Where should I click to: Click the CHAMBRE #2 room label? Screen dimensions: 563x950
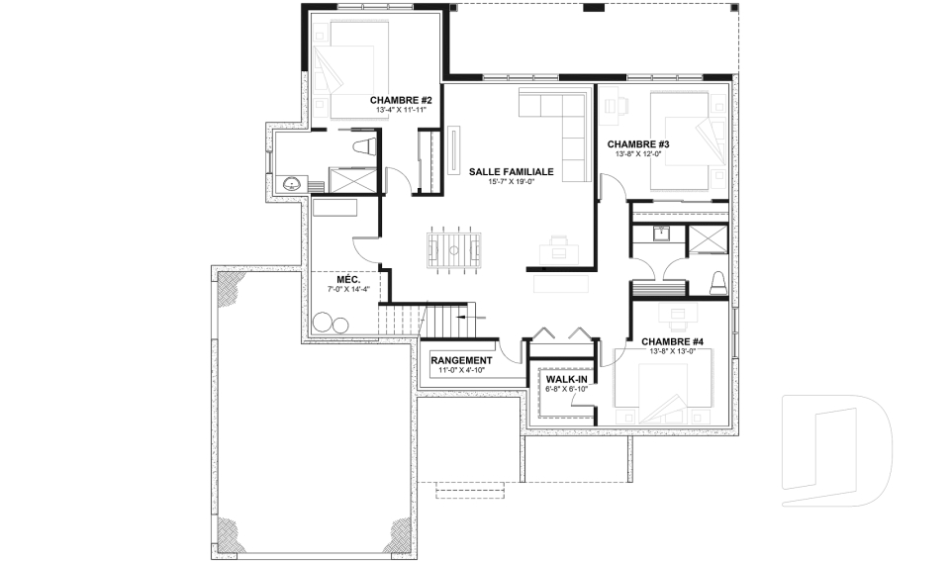(x=401, y=100)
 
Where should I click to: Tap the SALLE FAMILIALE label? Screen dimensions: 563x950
(x=511, y=171)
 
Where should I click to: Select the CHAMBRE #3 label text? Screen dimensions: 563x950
(x=638, y=144)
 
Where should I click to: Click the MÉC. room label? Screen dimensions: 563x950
(x=346, y=279)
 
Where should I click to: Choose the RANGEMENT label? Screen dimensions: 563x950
(x=462, y=360)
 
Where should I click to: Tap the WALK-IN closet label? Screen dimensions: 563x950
(x=567, y=378)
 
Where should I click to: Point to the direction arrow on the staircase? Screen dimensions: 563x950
(x=469, y=316)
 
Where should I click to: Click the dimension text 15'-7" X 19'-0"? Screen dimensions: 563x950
(x=511, y=182)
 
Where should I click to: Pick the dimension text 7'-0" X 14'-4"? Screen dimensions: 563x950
(x=346, y=289)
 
